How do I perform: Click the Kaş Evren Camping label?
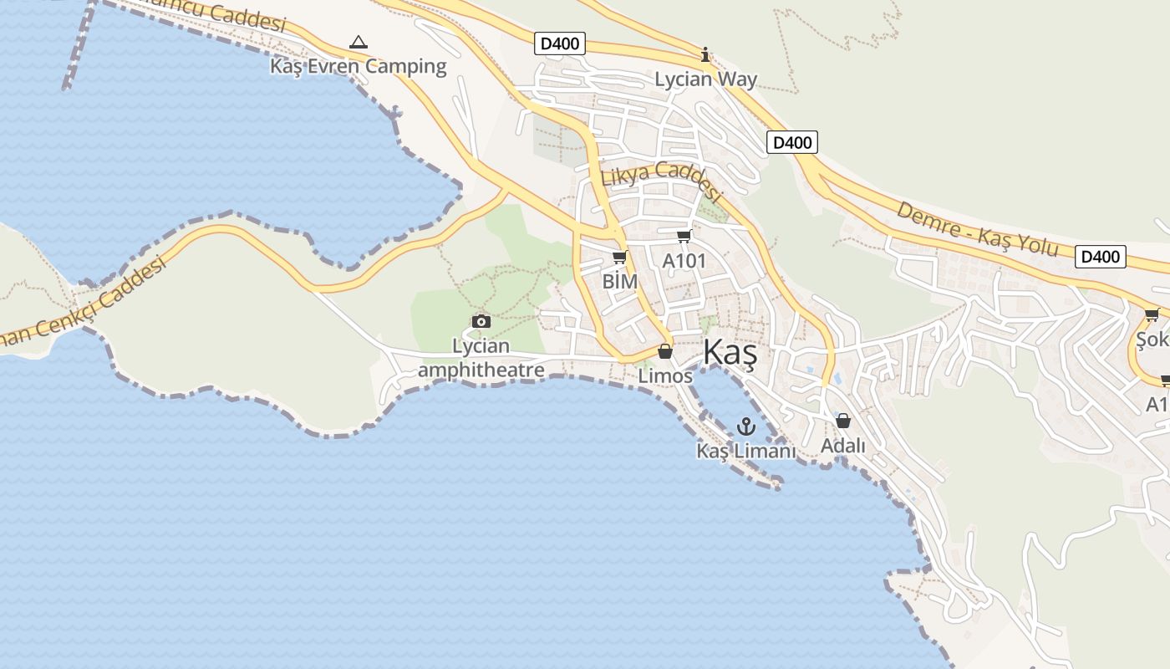click(358, 66)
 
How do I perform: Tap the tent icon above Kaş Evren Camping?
click(358, 42)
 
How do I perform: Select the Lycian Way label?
click(705, 79)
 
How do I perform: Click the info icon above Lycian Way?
click(705, 55)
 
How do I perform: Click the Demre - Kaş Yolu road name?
click(977, 227)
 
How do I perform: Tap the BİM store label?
click(619, 281)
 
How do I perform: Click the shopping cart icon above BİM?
click(619, 258)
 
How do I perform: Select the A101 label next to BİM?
click(684, 261)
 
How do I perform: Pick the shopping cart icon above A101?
click(684, 237)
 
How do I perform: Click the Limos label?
click(665, 375)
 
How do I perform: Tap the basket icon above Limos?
click(665, 351)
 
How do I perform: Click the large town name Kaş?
click(730, 353)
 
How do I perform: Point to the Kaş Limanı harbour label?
click(745, 451)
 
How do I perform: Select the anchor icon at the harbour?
click(745, 427)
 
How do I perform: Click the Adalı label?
click(842, 446)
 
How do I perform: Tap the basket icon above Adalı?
click(842, 421)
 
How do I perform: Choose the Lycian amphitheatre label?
click(481, 358)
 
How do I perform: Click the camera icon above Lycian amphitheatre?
click(481, 321)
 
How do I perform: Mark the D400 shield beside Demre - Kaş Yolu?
click(1099, 257)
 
